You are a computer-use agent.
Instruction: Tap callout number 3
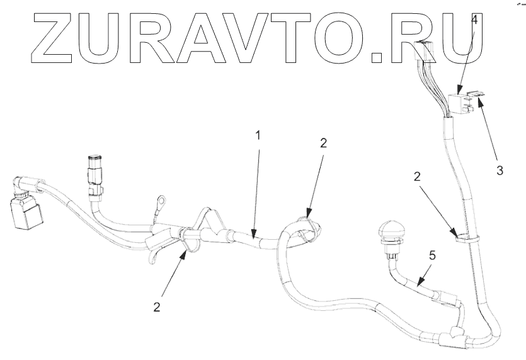coord(499,171)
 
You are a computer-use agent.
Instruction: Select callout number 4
coord(474,20)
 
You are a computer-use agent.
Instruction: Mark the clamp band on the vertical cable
coord(465,237)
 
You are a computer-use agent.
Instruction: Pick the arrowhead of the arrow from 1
coord(253,238)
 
